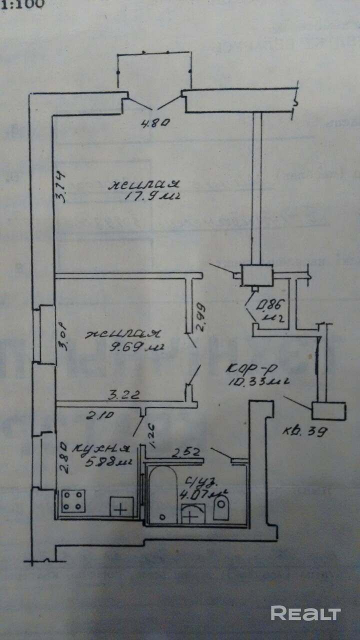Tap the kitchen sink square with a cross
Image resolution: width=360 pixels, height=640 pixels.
[121, 507]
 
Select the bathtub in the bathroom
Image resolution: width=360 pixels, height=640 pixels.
[162, 495]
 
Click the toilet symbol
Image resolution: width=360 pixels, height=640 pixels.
[220, 507]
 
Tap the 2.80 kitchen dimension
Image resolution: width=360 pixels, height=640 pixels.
[63, 455]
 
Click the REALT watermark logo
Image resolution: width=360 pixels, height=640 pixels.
[305, 613]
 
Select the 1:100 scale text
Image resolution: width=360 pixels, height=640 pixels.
[22, 4]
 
